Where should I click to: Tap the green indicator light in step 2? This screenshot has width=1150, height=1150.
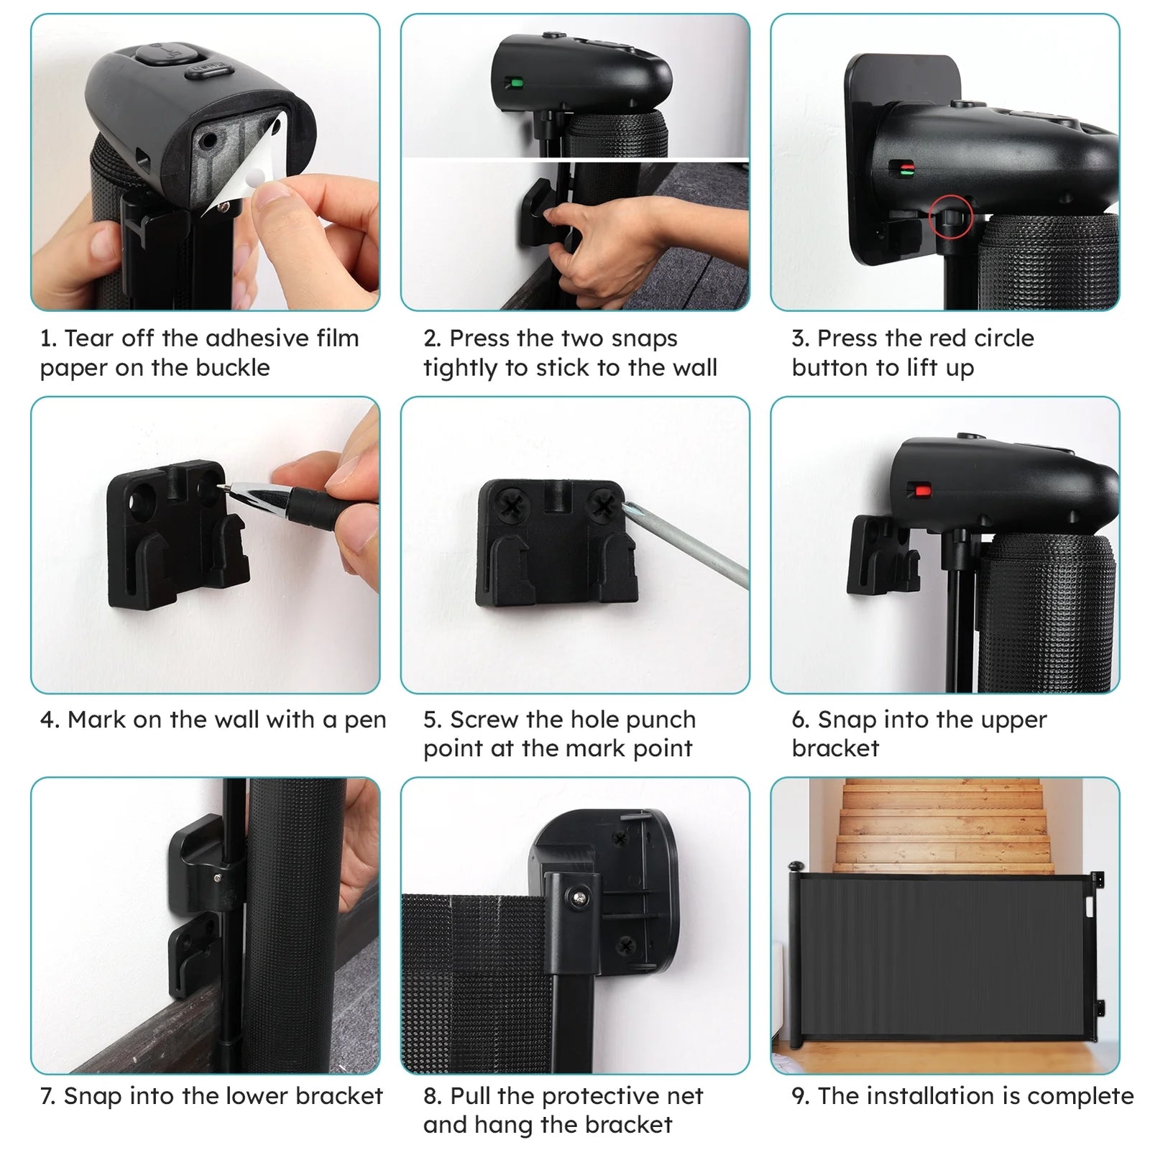pos(514,83)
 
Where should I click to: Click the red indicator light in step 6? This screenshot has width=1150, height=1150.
pos(921,491)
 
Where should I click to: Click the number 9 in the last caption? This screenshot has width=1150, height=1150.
pos(798,1096)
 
